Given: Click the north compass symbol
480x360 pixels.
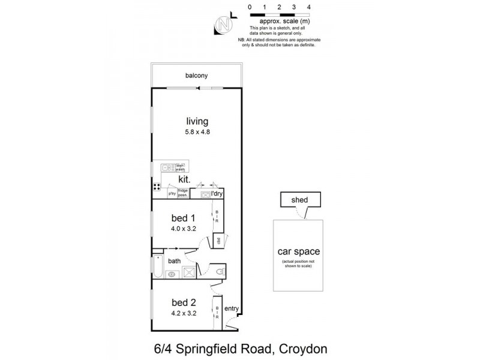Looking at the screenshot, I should [x=223, y=25].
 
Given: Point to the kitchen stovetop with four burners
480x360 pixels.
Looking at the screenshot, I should [x=157, y=185].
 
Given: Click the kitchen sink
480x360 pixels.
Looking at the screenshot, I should [x=165, y=169].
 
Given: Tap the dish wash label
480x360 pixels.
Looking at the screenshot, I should [x=181, y=168].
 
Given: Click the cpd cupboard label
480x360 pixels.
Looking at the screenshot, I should [x=219, y=241].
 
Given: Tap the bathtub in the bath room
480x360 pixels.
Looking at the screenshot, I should [x=158, y=268].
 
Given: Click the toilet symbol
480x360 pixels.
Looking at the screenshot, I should [x=220, y=272].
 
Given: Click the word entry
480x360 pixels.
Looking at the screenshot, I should [x=232, y=309].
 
